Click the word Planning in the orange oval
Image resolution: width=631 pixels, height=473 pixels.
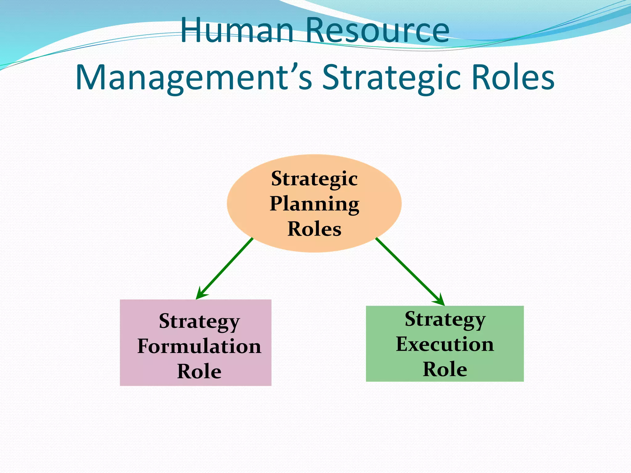click(315, 204)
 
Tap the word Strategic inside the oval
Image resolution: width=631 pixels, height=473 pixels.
click(314, 179)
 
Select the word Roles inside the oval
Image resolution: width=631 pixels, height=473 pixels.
click(314, 229)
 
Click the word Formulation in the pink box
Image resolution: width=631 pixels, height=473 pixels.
click(199, 346)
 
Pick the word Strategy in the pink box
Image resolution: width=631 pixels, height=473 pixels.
click(199, 322)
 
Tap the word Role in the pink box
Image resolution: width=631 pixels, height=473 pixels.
click(199, 371)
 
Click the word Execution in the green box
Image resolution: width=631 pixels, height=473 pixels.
click(445, 344)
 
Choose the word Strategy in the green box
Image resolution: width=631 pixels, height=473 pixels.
click(445, 320)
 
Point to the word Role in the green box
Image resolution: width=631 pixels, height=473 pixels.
click(445, 369)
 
